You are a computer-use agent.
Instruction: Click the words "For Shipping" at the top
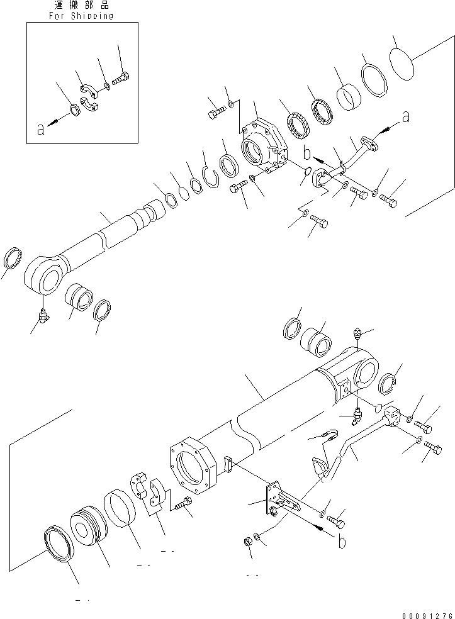82,16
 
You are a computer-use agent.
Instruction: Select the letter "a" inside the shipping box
41,130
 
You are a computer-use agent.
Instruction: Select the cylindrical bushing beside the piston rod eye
81,296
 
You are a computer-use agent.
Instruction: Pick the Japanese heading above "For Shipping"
82,5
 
